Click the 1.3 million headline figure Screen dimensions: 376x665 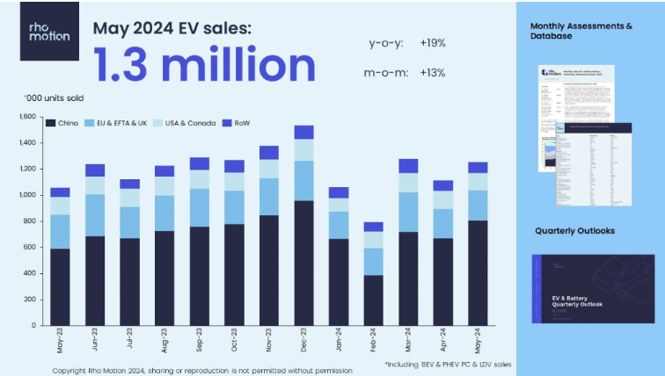[x=204, y=63]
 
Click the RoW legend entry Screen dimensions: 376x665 [x=236, y=123]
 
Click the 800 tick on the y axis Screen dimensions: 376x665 [x=28, y=221]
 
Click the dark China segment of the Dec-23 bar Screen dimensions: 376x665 [x=304, y=264]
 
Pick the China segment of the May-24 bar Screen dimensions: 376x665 [x=479, y=272]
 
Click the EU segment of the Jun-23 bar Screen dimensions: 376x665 [x=95, y=215]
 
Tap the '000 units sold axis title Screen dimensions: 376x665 [x=53, y=98]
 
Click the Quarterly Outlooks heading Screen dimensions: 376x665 [x=574, y=231]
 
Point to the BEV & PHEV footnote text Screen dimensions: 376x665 [x=449, y=363]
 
